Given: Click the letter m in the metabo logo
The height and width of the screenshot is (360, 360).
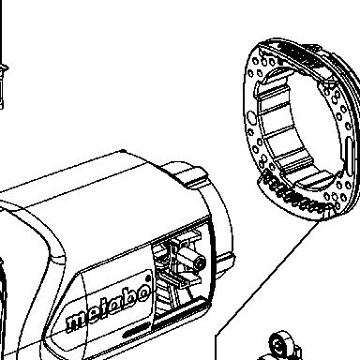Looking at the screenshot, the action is pos(76,322).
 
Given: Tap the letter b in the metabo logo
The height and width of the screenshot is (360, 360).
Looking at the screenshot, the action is pos(127,301).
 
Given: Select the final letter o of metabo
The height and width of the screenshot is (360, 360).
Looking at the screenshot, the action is pos(142,293).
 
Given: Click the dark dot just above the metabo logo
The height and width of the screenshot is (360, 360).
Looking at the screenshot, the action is pos(149,277).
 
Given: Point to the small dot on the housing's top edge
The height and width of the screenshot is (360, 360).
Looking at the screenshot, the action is pos(123,151).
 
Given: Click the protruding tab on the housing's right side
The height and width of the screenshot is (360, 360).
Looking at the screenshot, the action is pos(225,262).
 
